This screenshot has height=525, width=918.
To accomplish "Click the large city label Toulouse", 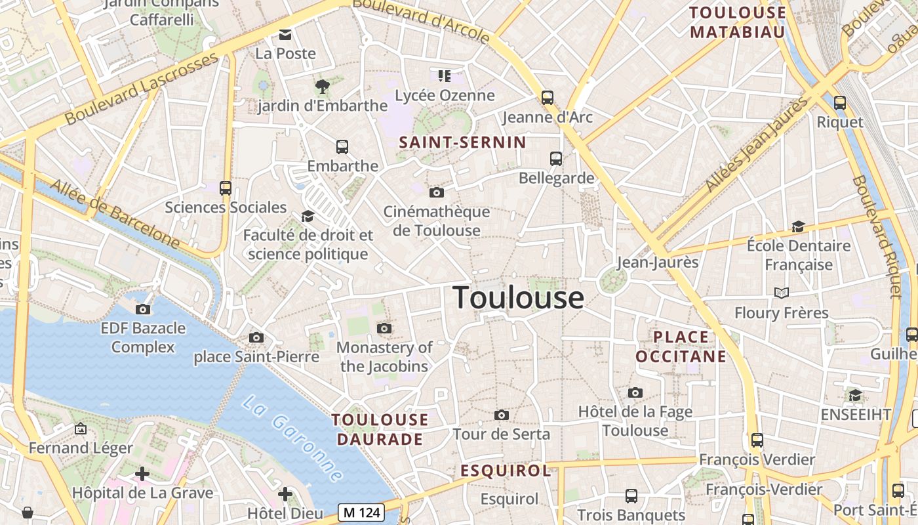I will click(x=518, y=298).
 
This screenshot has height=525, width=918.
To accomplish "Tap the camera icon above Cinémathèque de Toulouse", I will click(x=436, y=192).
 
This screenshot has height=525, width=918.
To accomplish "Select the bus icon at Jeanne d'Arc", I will click(x=548, y=98).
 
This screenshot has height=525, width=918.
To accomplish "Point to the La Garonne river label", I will click(x=292, y=438).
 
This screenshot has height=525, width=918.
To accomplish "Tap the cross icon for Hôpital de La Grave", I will click(x=142, y=473).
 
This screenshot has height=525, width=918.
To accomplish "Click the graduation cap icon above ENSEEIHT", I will click(x=855, y=395).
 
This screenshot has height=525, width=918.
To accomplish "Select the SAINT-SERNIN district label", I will click(x=462, y=142).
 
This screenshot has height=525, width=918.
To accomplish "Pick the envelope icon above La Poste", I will click(x=285, y=34).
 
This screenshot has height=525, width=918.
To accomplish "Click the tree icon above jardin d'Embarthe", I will click(x=322, y=85).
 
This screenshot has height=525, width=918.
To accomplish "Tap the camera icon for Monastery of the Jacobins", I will click(x=384, y=328).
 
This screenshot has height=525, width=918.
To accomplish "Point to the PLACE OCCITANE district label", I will click(x=681, y=347).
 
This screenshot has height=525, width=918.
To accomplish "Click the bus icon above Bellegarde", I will click(x=556, y=158).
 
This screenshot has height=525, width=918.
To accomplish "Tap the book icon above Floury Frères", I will click(x=782, y=293).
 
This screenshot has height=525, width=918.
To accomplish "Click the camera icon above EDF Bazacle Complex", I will click(x=143, y=309).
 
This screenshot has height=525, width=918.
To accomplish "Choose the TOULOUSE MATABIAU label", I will click(x=738, y=22).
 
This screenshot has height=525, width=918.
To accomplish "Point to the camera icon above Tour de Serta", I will click(x=502, y=415).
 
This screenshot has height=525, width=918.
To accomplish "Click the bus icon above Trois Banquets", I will click(x=631, y=496).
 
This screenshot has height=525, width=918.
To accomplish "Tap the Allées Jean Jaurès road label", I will click(x=757, y=145).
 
